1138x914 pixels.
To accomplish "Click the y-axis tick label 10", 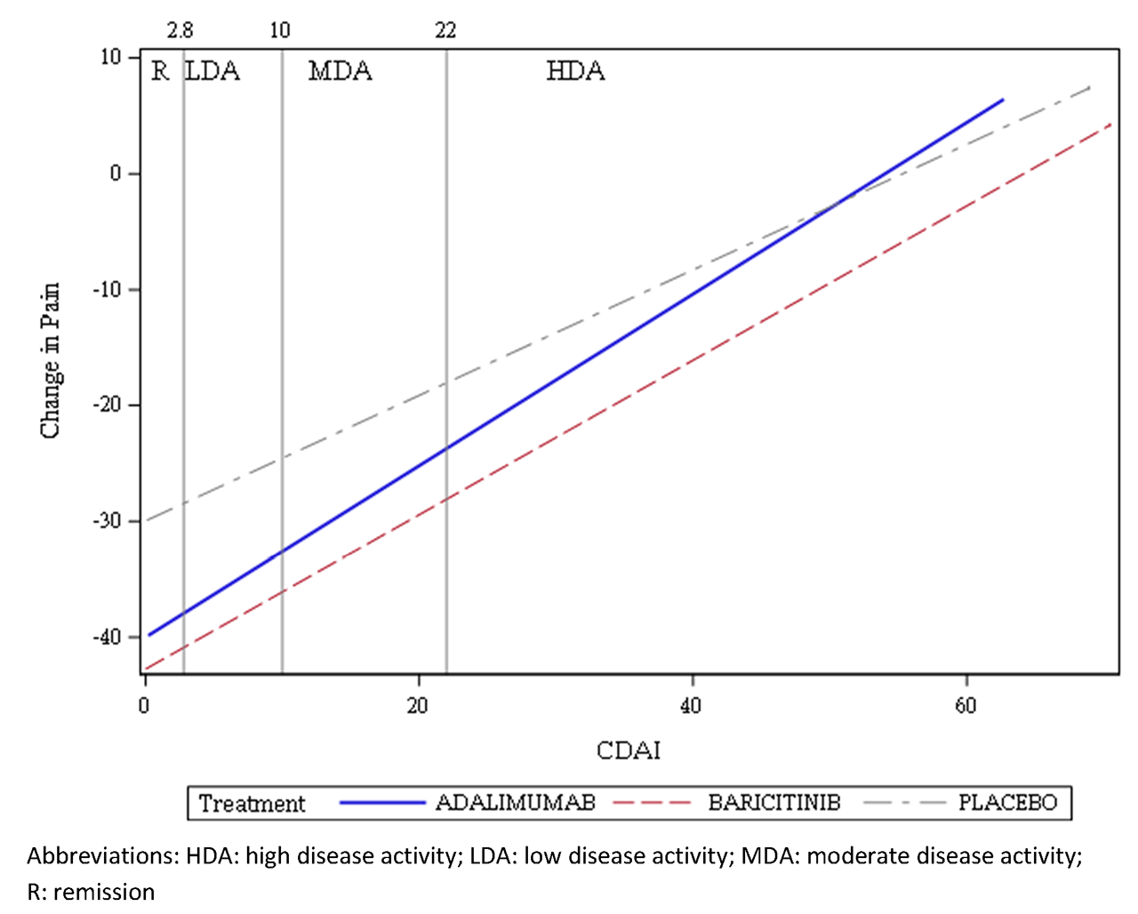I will click(x=109, y=58).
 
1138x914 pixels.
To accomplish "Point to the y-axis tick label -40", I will click(x=106, y=637).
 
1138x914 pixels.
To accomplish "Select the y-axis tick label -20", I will click(x=106, y=405).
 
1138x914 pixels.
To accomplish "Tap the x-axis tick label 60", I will click(x=966, y=706).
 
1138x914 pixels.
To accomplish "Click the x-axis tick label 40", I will click(x=691, y=706).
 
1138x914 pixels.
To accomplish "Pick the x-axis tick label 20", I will click(x=417, y=706).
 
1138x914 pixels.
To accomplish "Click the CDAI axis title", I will click(x=629, y=750).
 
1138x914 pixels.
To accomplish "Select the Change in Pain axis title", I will click(x=51, y=360).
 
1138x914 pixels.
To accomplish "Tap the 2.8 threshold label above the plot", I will click(x=180, y=31).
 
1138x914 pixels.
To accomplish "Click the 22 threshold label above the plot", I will click(x=445, y=31).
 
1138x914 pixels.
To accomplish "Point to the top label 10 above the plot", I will click(x=280, y=31).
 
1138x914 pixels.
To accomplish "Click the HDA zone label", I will click(x=575, y=71).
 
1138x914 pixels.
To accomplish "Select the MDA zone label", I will click(x=340, y=71).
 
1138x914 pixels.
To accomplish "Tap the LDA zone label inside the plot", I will click(x=212, y=71).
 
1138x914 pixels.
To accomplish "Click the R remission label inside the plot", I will click(x=160, y=71).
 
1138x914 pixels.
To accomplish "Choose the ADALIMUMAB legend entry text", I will click(x=515, y=803).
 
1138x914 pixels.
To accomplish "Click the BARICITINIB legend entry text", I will click(x=773, y=803).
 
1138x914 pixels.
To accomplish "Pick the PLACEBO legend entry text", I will click(x=1007, y=803).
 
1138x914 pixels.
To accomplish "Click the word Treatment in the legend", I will click(x=252, y=804).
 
